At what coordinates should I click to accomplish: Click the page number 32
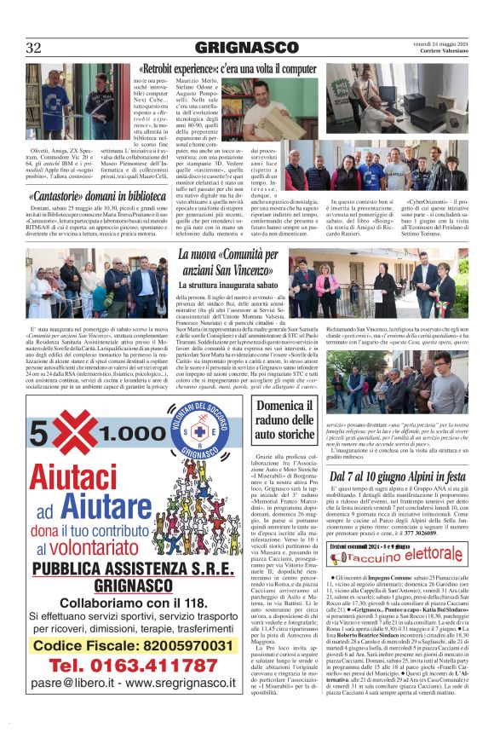tap(34, 47)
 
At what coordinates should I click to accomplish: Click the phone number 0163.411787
tap(118, 688)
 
